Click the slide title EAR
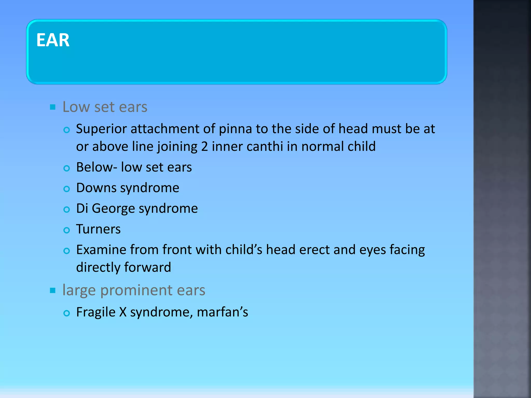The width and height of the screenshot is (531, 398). (x=53, y=40)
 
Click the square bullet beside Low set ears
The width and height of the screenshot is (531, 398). (x=53, y=107)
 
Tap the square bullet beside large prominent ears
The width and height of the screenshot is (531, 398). (x=53, y=290)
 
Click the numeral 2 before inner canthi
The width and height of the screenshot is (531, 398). (x=204, y=147)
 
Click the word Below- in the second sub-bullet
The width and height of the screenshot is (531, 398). (x=96, y=167)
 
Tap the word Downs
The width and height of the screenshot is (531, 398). (x=96, y=188)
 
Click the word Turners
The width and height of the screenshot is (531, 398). (x=98, y=229)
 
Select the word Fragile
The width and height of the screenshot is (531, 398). (x=96, y=312)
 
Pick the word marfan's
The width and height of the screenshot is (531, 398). (x=222, y=312)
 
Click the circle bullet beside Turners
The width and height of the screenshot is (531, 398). (x=67, y=230)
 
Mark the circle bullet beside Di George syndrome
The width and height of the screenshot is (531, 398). (x=67, y=209)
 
